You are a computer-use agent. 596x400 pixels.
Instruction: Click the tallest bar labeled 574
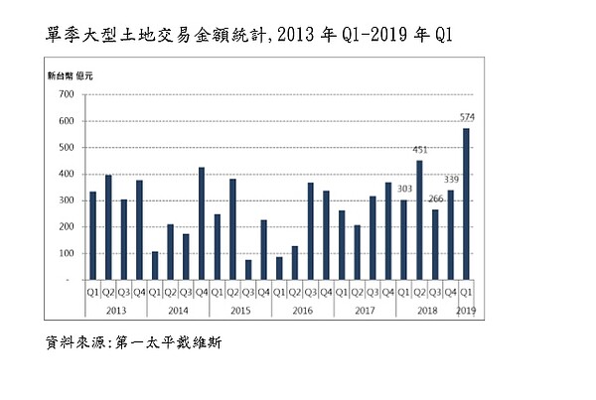466,203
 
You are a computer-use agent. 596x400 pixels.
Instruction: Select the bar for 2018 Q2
419,219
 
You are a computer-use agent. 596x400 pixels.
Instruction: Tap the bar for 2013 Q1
93,235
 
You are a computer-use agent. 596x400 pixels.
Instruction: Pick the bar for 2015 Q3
248,269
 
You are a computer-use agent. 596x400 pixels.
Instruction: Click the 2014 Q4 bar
202,223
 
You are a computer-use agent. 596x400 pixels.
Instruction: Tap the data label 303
403,190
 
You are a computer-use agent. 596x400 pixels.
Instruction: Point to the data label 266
435,200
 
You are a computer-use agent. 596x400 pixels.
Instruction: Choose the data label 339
450,181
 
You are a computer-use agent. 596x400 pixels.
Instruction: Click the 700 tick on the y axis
67,95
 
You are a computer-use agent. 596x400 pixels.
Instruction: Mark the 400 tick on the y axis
67,175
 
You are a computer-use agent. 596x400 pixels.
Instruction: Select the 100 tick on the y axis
67,253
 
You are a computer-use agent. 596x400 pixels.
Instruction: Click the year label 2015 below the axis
240,311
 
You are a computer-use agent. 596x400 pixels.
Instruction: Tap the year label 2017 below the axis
365,311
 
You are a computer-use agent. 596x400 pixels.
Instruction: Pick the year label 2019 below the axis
466,311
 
